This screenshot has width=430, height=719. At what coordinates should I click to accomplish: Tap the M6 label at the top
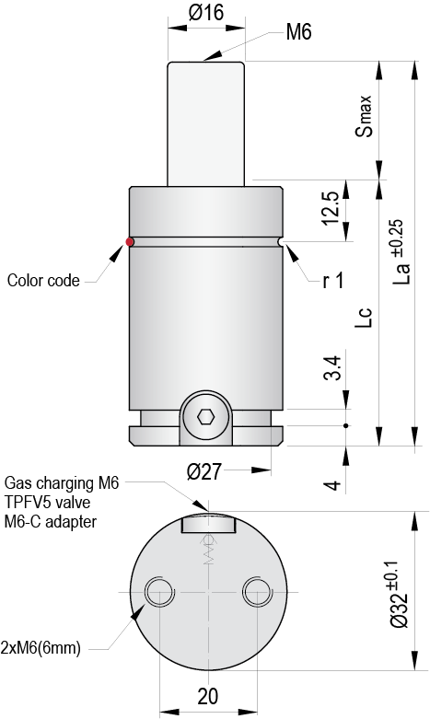(299, 32)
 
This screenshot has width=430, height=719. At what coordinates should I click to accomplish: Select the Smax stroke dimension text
(365, 115)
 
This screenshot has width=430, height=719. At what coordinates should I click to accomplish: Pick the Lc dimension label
(366, 316)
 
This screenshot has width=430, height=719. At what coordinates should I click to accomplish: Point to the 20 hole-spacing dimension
(206, 695)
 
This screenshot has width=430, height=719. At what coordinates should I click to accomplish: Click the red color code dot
(130, 242)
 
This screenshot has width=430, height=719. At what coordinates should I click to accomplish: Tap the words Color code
(43, 280)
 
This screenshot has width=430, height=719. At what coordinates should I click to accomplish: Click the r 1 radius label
(332, 281)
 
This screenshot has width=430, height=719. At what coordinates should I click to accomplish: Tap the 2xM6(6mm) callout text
(41, 648)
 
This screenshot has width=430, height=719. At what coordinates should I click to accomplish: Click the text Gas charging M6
(63, 481)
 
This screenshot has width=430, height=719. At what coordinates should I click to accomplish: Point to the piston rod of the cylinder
(206, 120)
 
